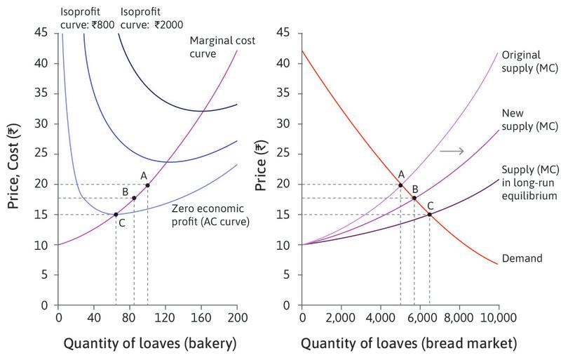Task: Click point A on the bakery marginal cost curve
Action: [147, 185]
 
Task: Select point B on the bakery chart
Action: [134, 198]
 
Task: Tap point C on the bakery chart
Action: [116, 214]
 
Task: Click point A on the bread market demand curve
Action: [400, 185]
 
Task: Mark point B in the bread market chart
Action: [414, 198]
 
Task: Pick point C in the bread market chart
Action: [429, 214]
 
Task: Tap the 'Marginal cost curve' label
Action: [222, 46]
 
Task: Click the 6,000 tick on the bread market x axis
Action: [419, 318]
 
